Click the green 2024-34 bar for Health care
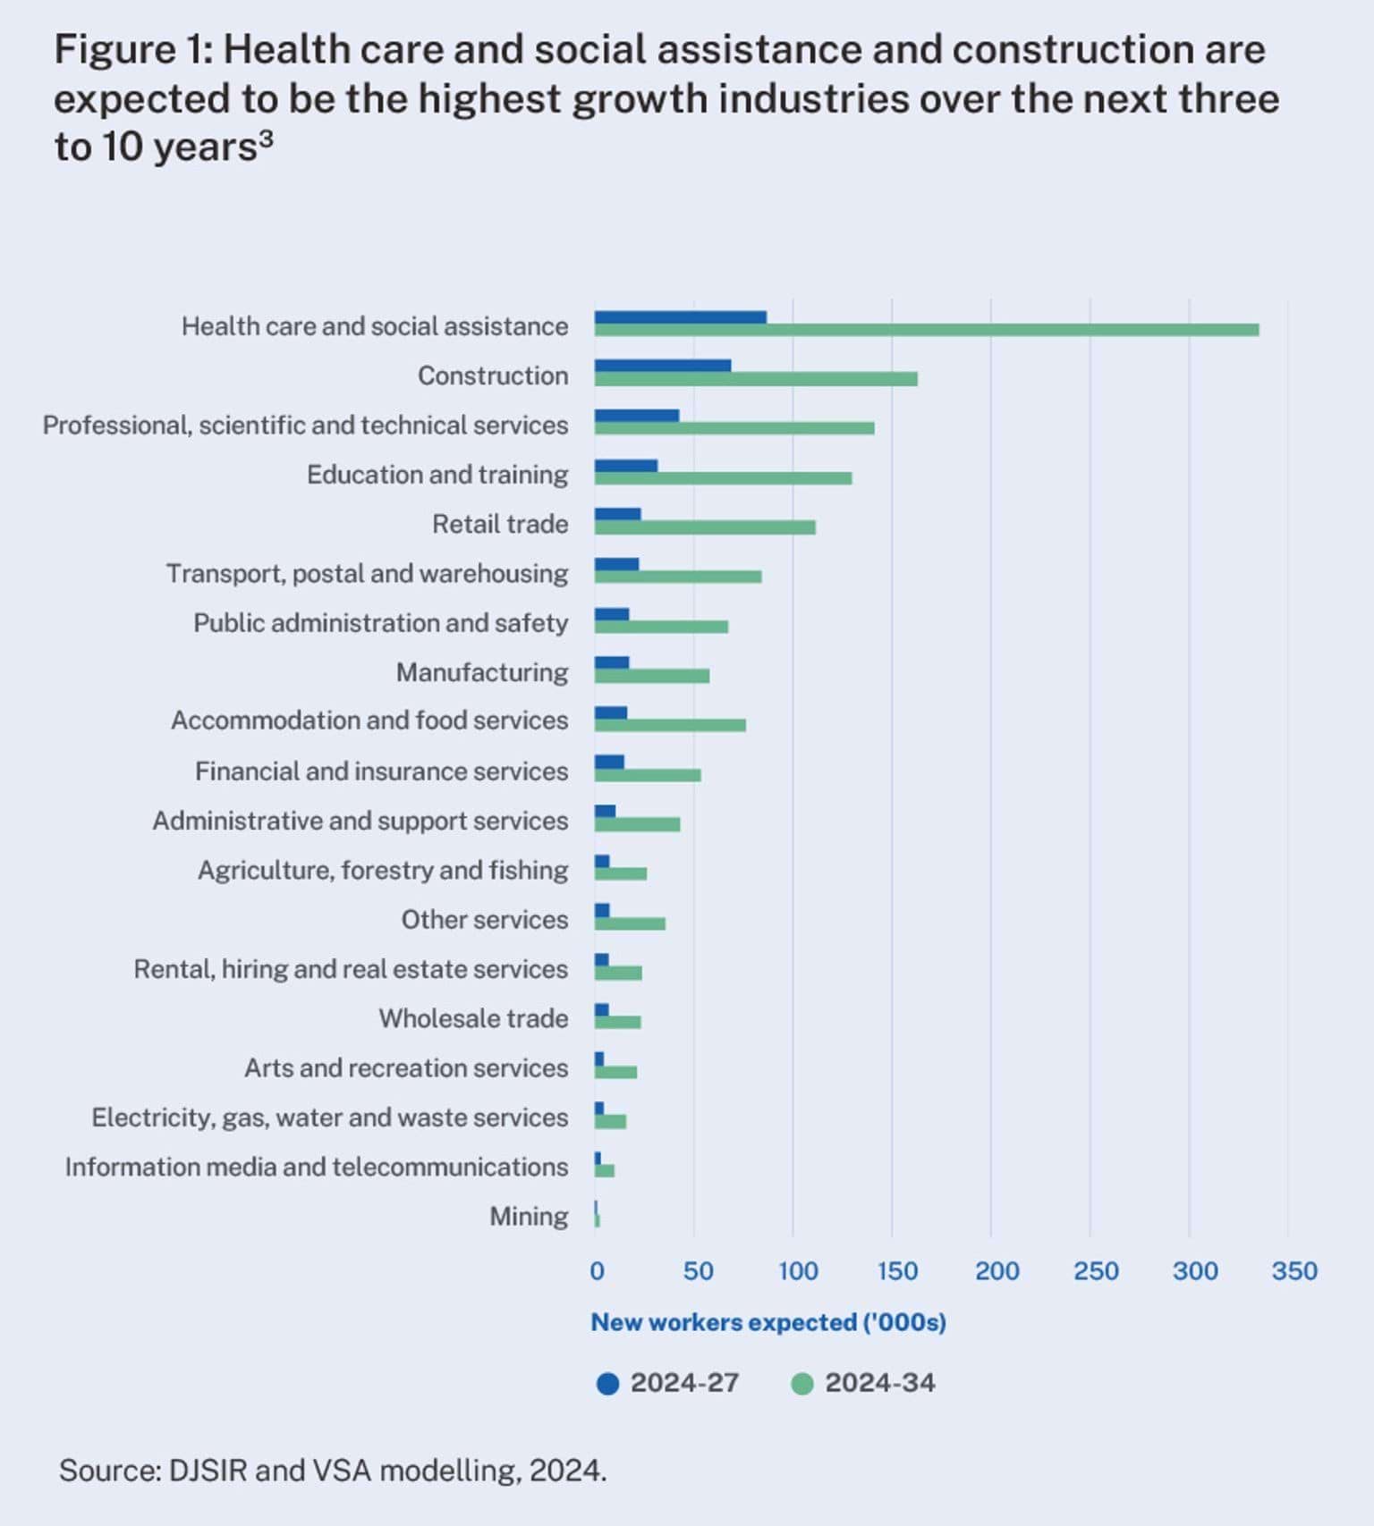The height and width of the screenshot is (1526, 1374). pos(926,331)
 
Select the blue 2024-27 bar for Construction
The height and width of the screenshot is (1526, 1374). pos(663,365)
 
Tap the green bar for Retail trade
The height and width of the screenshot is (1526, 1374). pos(705,528)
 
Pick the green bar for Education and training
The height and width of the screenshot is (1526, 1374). pos(723,479)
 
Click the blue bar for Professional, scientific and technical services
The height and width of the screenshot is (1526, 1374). pos(637,415)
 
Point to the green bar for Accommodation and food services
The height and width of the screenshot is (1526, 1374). pos(670,725)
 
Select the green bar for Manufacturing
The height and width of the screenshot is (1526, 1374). pos(652,676)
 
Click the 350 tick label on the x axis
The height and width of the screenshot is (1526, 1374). pos(1293,1270)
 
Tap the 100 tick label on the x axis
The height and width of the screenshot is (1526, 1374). pos(797,1270)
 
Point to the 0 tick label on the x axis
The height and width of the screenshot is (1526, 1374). pos(597,1270)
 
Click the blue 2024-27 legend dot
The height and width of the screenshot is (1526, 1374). pos(607,1384)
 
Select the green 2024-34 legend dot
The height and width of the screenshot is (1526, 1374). pos(802,1384)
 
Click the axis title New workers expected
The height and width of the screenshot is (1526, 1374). pos(768,1322)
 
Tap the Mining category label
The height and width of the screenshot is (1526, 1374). pos(528,1217)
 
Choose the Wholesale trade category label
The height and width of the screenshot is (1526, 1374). pos(473,1018)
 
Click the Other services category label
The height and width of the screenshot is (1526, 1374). pos(484,920)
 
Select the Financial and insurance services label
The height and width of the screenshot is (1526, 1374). pos(381,771)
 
